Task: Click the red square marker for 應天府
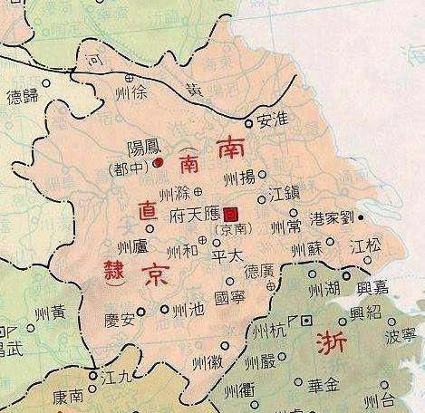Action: click(232, 214)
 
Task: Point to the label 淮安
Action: click(272, 118)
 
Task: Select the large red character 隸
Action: click(102, 272)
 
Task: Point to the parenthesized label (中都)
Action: click(128, 168)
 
